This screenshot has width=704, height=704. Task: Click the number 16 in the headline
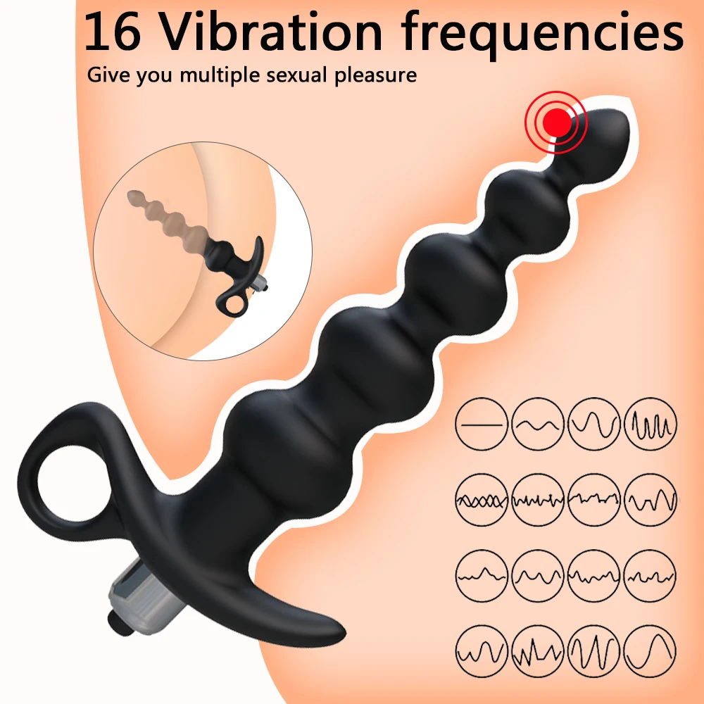tap(112, 32)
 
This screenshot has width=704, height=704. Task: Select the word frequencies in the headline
tap(543, 35)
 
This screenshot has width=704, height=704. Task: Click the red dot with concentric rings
tap(556, 122)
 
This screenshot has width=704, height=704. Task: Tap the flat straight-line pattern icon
tap(482, 424)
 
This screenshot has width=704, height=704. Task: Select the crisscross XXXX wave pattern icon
tap(482, 500)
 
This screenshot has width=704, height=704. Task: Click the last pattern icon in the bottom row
tap(650, 651)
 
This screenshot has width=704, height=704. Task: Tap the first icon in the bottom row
tap(482, 651)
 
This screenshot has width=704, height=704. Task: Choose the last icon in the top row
tap(650, 424)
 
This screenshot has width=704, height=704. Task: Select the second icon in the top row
tap(537, 424)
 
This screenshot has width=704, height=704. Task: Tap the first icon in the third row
tap(482, 576)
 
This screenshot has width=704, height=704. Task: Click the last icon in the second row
tap(650, 500)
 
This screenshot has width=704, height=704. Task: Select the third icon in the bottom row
tap(593, 651)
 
